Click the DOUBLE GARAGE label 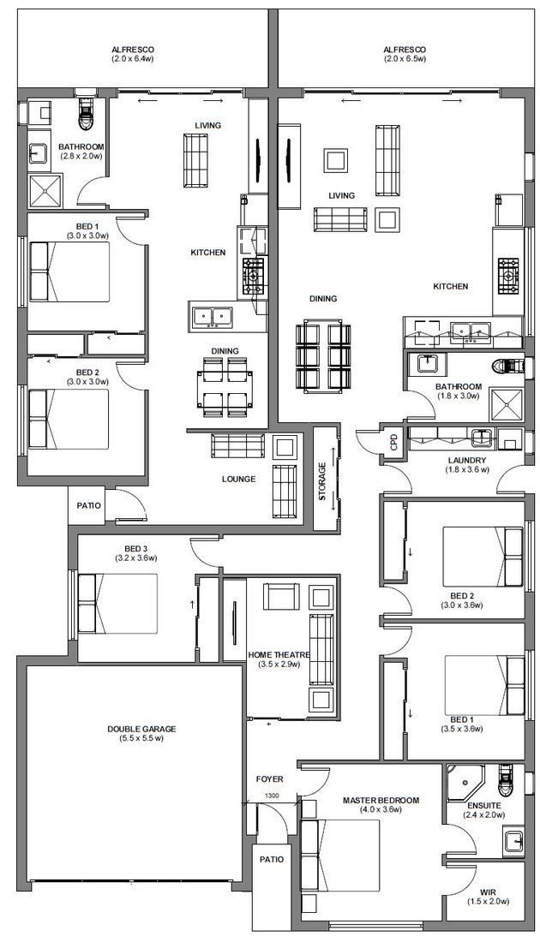(x=142, y=729)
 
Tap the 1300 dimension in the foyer (x=271, y=796)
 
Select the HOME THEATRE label (x=279, y=655)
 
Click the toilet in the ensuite (x=507, y=779)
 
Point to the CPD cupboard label (x=394, y=443)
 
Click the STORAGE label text (x=322, y=481)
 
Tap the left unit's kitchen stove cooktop (x=253, y=277)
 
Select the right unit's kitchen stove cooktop (x=508, y=277)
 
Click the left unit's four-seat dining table (x=225, y=387)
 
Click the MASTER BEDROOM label (x=381, y=800)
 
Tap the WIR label (x=488, y=892)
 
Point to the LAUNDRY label (x=467, y=461)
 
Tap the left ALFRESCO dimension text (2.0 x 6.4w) (x=133, y=59)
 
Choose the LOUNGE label (x=239, y=479)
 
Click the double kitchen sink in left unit (x=213, y=316)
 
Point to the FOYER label (x=269, y=779)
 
